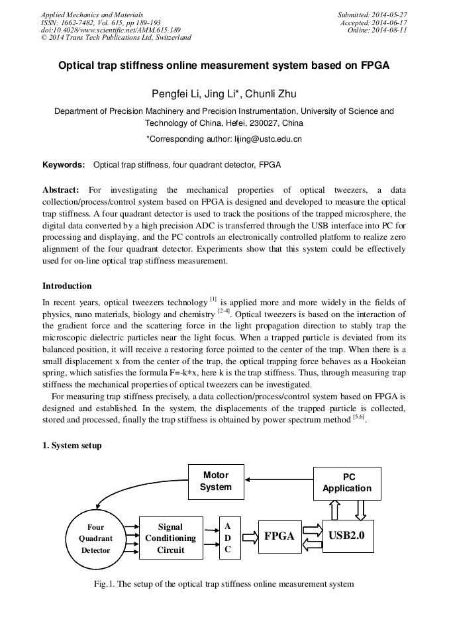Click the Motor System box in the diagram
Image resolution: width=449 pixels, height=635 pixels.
tap(216, 481)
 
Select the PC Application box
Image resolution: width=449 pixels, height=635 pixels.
tap(347, 483)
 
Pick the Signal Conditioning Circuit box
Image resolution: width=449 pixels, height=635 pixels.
tap(171, 538)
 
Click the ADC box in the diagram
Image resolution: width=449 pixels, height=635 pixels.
tap(228, 538)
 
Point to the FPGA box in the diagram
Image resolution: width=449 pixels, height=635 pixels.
tap(279, 536)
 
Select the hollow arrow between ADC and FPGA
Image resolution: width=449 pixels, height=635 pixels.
tap(250, 537)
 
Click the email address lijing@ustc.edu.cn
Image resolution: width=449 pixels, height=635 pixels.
tap(268, 139)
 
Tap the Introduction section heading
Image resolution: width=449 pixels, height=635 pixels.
tap(67, 286)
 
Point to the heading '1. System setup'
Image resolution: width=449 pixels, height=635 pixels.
tap(72, 446)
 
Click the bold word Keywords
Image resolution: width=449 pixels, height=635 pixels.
tap(64, 164)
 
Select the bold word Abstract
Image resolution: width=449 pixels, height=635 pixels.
tap(61, 189)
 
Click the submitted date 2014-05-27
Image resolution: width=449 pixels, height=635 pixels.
tap(389, 15)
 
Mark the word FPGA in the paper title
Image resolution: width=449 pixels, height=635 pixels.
tap(374, 66)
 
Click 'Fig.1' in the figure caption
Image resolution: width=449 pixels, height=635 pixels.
tap(105, 584)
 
